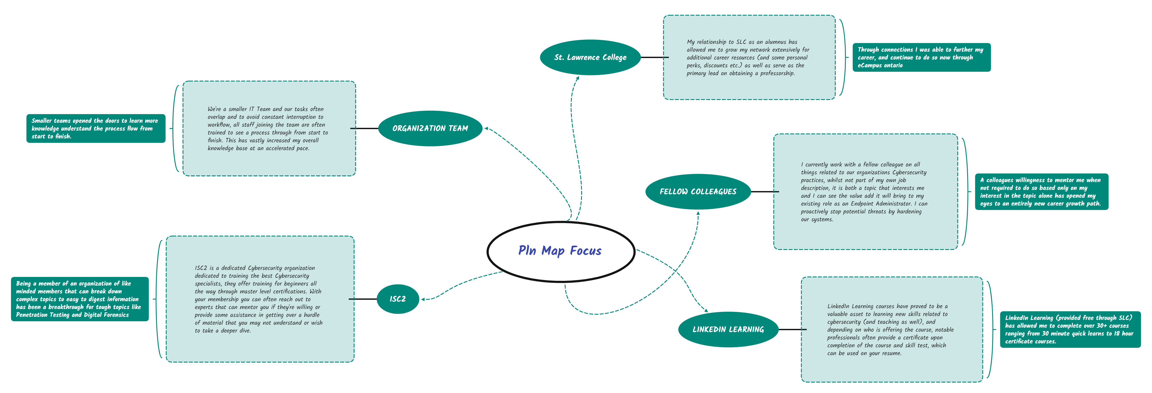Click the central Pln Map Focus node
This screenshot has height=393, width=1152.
click(x=560, y=251)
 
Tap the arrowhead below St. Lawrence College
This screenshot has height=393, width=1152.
click(x=578, y=78)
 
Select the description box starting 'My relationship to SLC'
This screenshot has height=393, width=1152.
click(x=749, y=57)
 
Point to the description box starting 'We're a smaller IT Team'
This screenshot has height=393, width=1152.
click(x=269, y=128)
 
